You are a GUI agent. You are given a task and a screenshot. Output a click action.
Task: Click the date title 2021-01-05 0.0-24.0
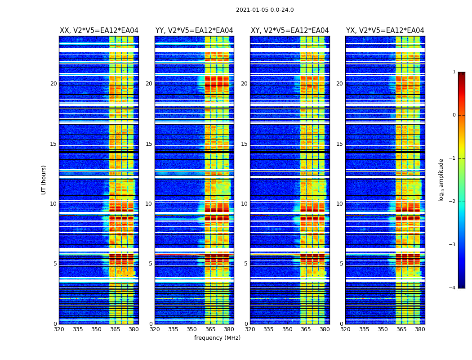(x=265, y=10)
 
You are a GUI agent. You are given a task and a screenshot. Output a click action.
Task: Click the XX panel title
(x=99, y=31)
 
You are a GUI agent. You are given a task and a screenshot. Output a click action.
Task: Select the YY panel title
(x=194, y=31)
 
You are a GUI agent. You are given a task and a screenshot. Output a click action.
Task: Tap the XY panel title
(x=290, y=31)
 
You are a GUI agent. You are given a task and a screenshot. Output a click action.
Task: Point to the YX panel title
(x=385, y=31)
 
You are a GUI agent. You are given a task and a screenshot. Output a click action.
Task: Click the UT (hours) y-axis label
(x=44, y=180)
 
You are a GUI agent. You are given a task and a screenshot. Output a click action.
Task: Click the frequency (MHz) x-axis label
(x=217, y=338)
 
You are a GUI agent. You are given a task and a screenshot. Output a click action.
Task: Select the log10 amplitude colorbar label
(x=441, y=180)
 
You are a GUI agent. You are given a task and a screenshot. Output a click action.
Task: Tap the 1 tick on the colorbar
(x=454, y=72)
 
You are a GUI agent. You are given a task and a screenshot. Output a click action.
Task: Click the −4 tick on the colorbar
(x=453, y=288)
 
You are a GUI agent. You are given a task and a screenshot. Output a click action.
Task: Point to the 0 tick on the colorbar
(x=454, y=115)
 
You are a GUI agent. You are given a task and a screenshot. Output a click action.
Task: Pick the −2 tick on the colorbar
(x=453, y=202)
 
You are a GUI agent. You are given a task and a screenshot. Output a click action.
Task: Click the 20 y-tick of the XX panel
(x=53, y=84)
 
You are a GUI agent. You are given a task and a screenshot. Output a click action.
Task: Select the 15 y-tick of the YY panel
(x=149, y=144)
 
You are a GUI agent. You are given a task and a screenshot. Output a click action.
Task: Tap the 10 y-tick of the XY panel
(x=244, y=204)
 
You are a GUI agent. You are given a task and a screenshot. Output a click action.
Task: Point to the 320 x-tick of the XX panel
(x=59, y=329)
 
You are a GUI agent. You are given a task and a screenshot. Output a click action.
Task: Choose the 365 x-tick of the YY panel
(x=210, y=329)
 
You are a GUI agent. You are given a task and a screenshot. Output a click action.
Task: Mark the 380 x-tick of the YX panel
(x=420, y=329)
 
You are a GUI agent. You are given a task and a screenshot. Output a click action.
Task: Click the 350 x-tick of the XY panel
(x=287, y=329)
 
